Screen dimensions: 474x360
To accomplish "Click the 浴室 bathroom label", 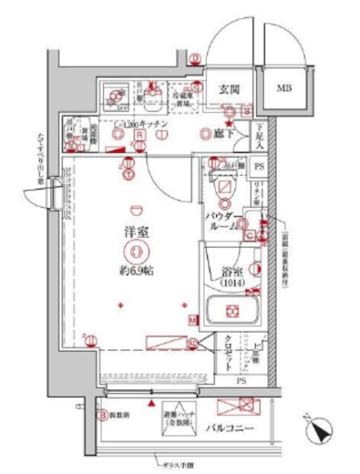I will (x=231, y=271).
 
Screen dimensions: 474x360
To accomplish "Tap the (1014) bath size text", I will (x=232, y=283).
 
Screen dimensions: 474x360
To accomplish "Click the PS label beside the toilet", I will (x=259, y=167).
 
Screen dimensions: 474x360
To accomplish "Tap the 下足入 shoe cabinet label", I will (x=259, y=137).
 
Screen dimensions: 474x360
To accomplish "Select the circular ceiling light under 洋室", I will (x=137, y=252).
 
